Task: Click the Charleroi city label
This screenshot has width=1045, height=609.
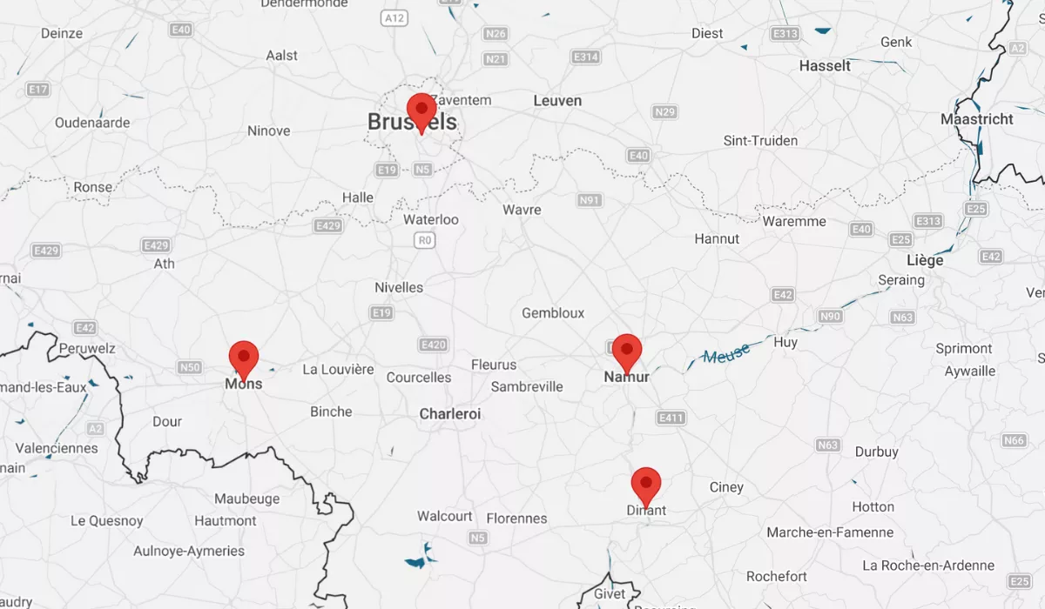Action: click(450, 414)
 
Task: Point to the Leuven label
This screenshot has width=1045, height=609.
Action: click(557, 101)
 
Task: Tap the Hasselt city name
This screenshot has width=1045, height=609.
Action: click(825, 66)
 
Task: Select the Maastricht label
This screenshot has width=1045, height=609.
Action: click(977, 119)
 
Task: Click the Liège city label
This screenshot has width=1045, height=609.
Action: click(925, 260)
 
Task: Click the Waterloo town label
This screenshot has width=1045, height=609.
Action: click(430, 219)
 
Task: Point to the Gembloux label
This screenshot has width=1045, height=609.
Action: click(553, 313)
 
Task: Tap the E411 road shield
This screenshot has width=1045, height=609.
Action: click(671, 418)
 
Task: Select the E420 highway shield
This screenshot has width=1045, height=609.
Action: click(433, 345)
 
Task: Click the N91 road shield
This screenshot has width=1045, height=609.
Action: click(590, 200)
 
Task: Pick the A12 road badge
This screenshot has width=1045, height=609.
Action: click(394, 17)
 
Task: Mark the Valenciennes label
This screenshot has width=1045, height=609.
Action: click(57, 448)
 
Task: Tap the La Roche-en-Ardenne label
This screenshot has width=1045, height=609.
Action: click(927, 565)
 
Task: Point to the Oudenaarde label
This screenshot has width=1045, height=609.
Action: click(92, 123)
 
